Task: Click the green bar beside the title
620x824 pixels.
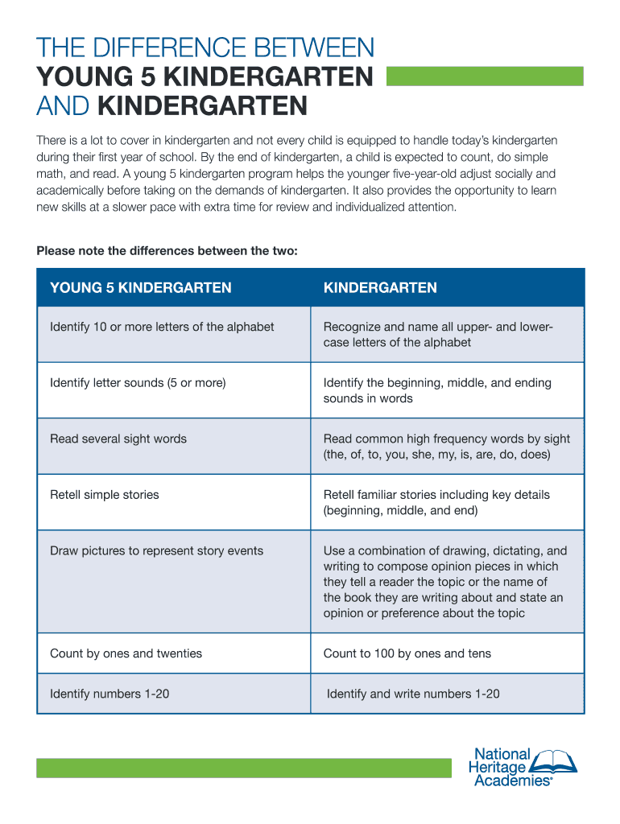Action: pos(486,76)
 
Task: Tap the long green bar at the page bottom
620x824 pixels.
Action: pos(244,768)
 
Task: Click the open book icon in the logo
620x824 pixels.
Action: pos(556,760)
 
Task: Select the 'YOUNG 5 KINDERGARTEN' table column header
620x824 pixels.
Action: pos(141,288)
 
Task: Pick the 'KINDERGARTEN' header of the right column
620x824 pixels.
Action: pos(380,288)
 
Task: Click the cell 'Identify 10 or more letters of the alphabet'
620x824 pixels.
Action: pos(162,327)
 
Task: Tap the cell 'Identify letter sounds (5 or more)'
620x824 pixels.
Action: pos(138,383)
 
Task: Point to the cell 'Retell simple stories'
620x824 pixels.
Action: pos(105,495)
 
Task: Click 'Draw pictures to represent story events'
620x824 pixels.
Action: pos(156,551)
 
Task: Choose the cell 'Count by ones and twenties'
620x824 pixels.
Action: pos(126,653)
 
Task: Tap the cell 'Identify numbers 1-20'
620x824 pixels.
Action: pos(110,694)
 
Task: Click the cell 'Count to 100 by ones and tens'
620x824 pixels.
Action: pos(407,653)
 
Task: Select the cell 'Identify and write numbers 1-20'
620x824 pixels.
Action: pos(413,694)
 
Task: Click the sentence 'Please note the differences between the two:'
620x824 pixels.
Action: pos(167,251)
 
